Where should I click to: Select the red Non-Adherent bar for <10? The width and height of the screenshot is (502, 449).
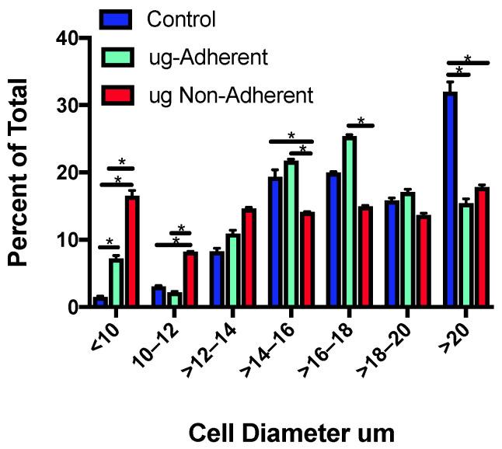point(131,252)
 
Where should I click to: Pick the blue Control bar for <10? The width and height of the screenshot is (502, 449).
point(99,302)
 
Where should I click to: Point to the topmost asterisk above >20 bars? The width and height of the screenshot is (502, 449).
point(469,58)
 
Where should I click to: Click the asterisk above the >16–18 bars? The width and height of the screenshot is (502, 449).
point(361,121)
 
